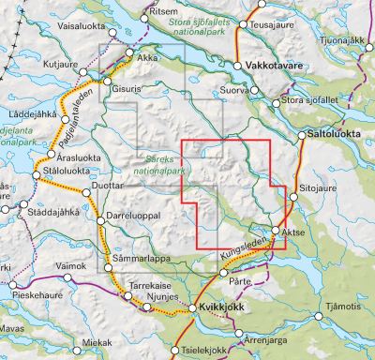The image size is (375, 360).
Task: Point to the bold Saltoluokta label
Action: coord(334,135)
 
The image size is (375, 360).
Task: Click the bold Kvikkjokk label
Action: coord(221,307)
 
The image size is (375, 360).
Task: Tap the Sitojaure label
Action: coord(318,188)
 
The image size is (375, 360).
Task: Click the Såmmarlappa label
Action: coord(138,257)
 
